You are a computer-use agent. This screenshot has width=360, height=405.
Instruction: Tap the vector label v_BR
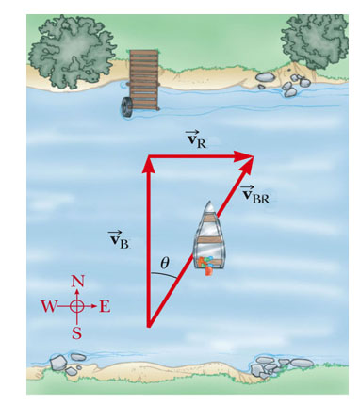[x=255, y=195]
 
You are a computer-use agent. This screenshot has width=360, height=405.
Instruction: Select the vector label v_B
[x=118, y=238]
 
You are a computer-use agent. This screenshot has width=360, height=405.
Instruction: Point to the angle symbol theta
[x=165, y=264]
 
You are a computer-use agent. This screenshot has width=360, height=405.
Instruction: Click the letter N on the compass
[x=78, y=282]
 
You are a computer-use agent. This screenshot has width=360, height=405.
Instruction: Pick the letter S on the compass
[x=78, y=332]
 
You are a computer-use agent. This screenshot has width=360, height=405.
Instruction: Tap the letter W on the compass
[x=49, y=306]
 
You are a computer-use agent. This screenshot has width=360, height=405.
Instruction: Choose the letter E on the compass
[x=105, y=306]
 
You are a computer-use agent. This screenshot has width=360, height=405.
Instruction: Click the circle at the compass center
[x=78, y=306]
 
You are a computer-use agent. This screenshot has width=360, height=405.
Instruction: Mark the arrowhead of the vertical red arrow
[x=147, y=162]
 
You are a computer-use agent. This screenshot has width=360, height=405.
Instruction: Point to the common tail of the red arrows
[x=148, y=326]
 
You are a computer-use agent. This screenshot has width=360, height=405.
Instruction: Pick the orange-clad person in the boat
[x=205, y=264]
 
